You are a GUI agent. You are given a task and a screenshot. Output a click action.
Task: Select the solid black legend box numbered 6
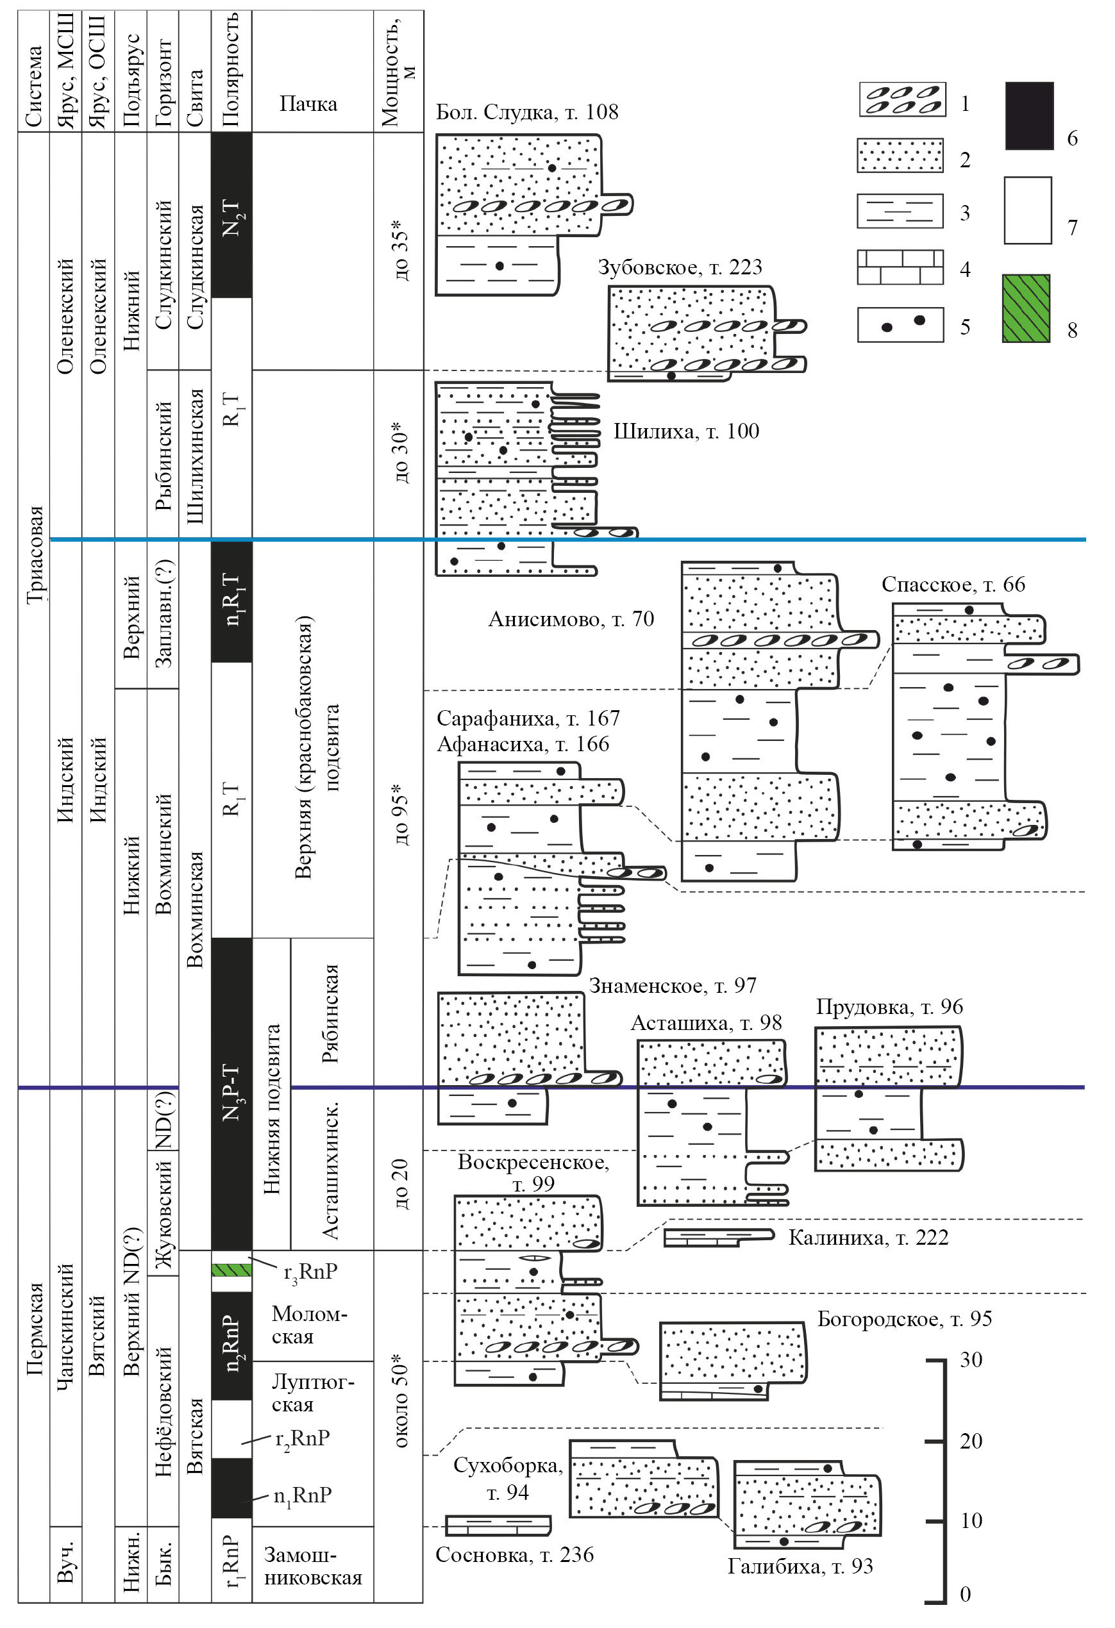tap(1029, 115)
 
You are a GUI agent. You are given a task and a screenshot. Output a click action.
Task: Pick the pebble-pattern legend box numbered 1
tap(902, 99)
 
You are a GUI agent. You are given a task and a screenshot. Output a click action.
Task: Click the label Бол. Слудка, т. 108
tap(526, 112)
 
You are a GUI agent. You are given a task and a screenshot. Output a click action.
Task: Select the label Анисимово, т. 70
tap(571, 619)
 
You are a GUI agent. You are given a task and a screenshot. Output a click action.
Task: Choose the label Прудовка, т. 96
tap(889, 1008)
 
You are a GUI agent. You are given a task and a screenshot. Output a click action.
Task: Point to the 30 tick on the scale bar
tap(971, 1359)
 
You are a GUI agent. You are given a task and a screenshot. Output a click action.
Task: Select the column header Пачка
tap(308, 104)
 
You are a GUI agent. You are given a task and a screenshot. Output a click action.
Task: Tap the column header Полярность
tap(231, 70)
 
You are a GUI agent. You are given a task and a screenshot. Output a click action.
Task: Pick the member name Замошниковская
tap(312, 1566)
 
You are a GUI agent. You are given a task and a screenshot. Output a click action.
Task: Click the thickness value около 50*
tap(400, 1401)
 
